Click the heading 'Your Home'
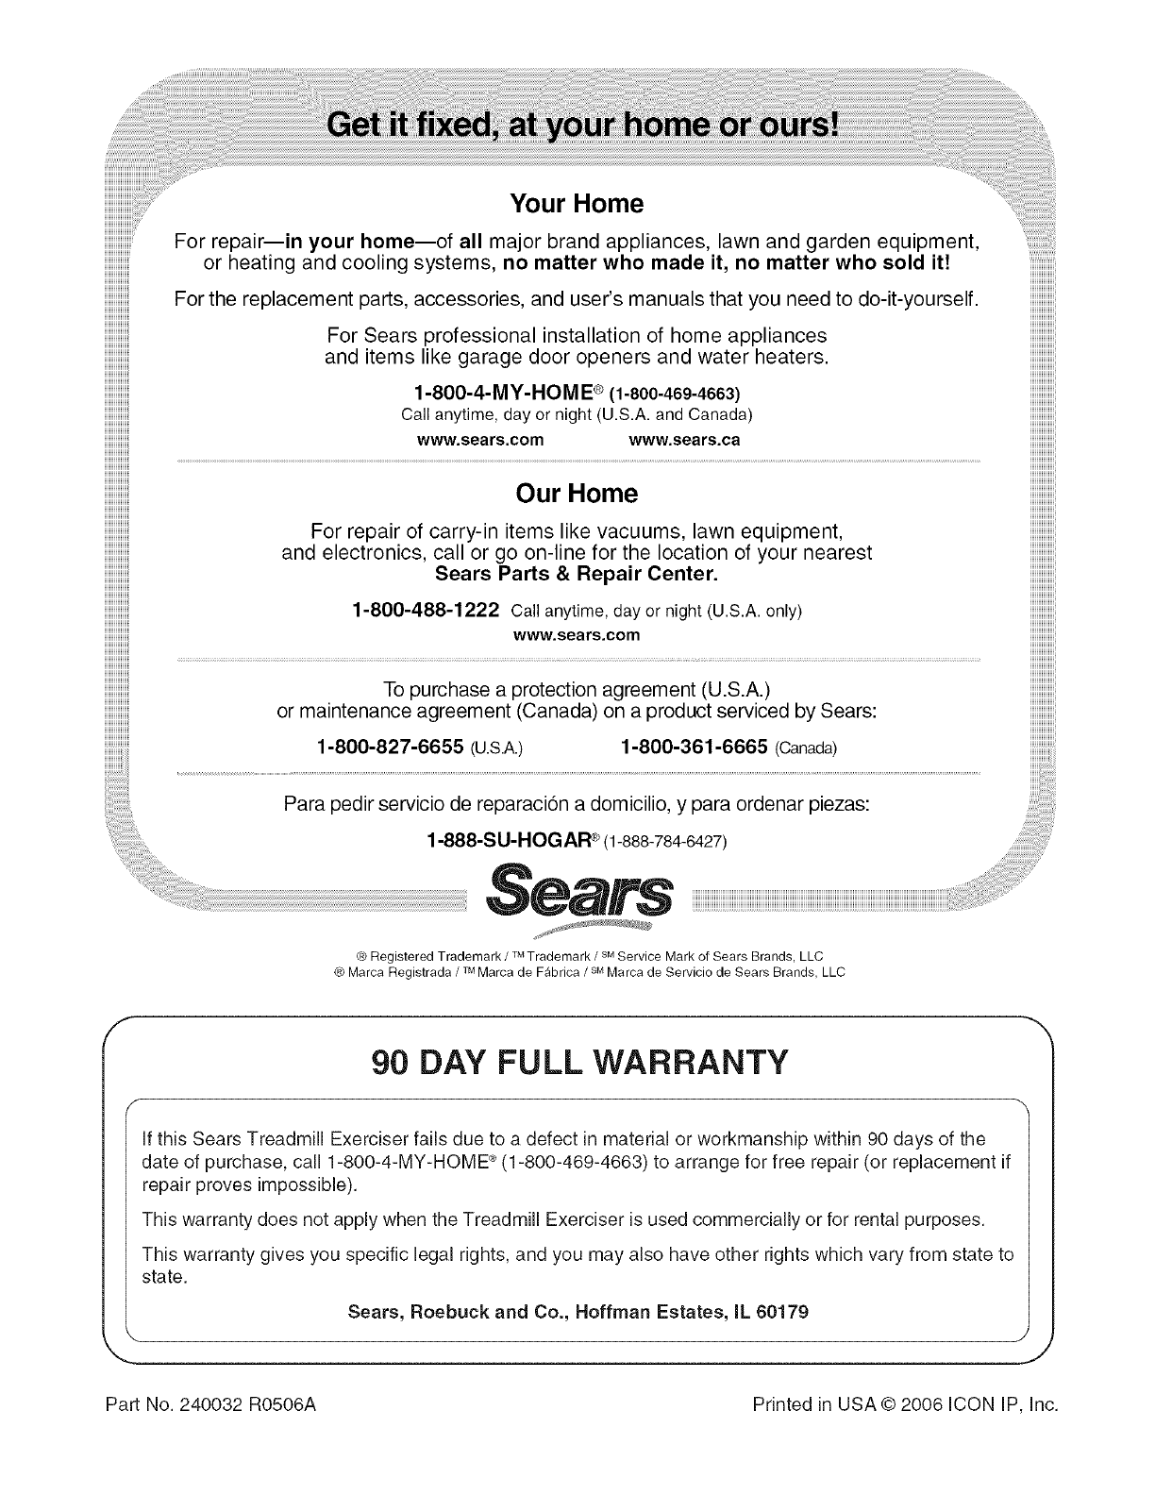coord(577,204)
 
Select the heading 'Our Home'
coord(577,494)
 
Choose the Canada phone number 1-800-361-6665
coord(694,747)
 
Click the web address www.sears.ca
coord(684,440)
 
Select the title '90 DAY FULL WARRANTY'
coord(577,1063)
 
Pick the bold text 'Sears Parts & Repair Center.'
coord(577,574)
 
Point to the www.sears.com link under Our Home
coord(576,635)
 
